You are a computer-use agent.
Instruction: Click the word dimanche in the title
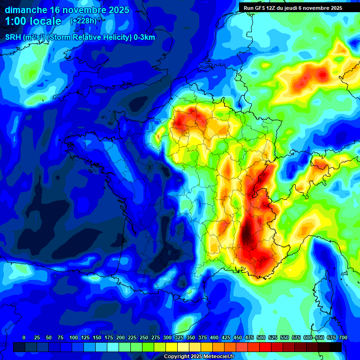25,9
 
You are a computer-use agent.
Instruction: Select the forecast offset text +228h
83,21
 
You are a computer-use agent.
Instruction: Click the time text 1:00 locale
33,22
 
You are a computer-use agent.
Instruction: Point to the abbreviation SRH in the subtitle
14,37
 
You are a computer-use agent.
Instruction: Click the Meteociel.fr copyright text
199,356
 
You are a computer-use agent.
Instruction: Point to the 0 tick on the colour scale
24,337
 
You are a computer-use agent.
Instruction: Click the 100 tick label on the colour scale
74,337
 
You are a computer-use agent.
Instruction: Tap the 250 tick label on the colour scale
144,337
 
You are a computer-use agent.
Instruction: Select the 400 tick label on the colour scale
214,337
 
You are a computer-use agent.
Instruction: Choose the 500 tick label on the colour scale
261,337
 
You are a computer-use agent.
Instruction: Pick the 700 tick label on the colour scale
343,337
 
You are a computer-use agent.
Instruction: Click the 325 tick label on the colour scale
179,337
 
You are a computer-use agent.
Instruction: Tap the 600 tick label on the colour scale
308,337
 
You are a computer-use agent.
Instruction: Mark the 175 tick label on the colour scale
109,337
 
